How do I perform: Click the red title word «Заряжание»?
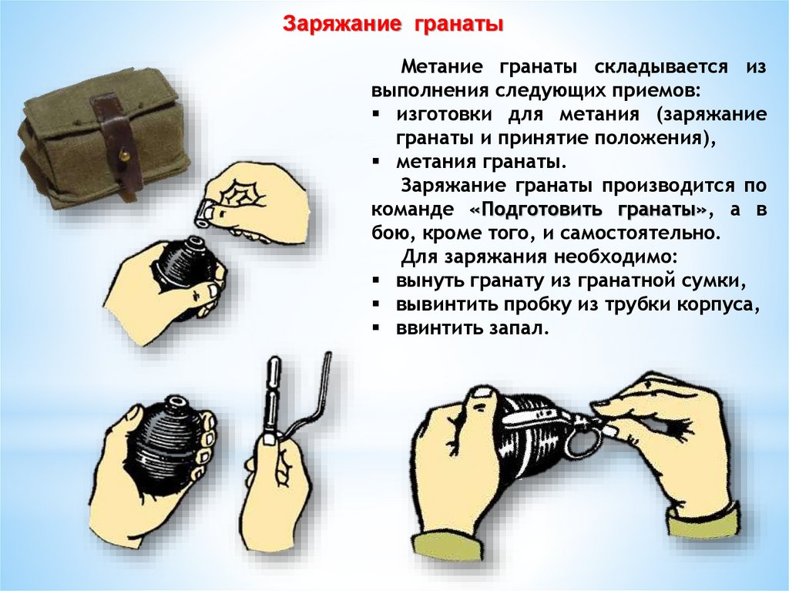(x=341, y=24)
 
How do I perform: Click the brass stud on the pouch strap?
(x=122, y=157)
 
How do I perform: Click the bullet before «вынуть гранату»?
(x=376, y=280)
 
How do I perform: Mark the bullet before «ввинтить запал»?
(x=376, y=328)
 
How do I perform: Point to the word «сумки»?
(x=715, y=281)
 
